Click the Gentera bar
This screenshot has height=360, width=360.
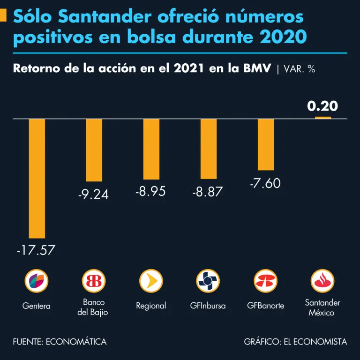pos(37,178)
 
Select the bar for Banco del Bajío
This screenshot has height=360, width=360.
pos(94,150)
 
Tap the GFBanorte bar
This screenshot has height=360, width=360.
pos(266,144)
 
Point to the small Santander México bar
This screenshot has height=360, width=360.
pos(322,117)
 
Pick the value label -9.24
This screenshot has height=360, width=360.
pos(93,194)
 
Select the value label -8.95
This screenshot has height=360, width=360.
pos(150,192)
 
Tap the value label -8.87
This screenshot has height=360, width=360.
pos(208,192)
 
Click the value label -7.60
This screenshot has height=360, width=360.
pos(265,183)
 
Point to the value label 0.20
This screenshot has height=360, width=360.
pos(322,106)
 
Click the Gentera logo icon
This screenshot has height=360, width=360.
pos(36,281)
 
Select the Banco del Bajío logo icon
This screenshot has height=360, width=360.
pos(93,281)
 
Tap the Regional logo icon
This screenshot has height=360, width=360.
pos(151,281)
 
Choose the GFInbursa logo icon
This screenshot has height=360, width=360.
pos(208,281)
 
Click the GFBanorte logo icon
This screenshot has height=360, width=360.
pos(265,281)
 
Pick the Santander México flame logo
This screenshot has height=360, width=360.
pos(322,281)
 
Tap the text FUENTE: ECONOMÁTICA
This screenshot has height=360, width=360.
pos(60,342)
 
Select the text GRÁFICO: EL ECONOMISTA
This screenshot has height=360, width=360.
pos(295,342)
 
